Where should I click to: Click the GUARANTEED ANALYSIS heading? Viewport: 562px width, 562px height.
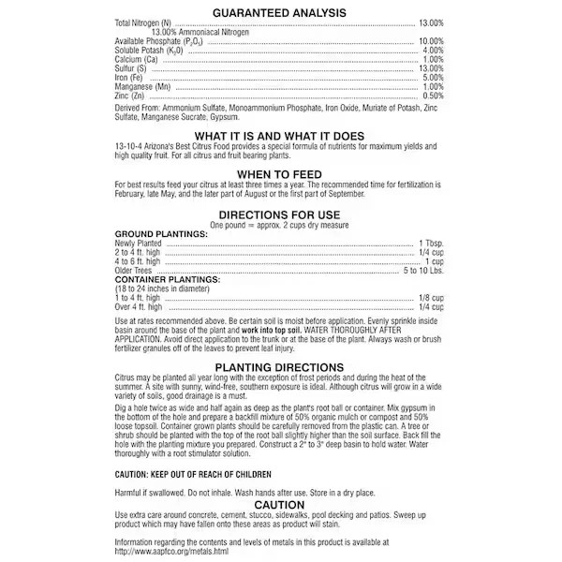tap(280, 12)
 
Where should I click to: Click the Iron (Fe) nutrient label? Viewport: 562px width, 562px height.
tap(131, 78)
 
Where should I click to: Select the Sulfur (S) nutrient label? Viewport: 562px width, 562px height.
tap(130, 68)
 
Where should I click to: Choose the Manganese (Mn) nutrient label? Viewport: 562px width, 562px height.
tap(142, 86)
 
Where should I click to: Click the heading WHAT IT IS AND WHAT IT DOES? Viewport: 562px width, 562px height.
tap(280, 136)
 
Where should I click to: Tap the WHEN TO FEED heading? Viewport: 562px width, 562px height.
tap(280, 174)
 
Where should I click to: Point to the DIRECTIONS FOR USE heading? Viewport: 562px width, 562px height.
tap(280, 215)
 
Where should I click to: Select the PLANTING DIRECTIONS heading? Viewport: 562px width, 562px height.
tap(280, 367)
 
